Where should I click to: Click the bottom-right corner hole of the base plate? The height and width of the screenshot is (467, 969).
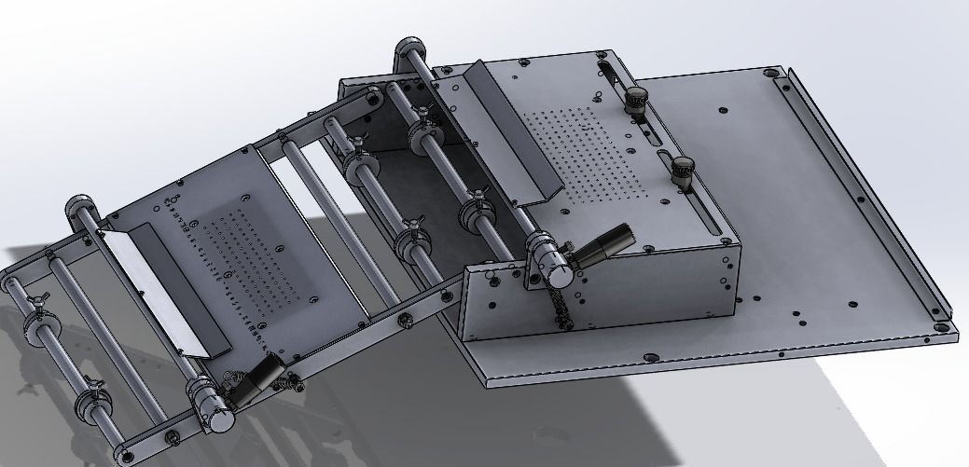941,327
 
